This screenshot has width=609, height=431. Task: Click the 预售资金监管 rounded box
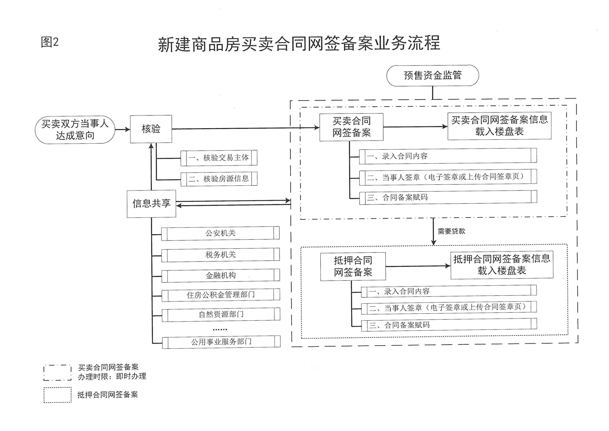pyautogui.click(x=433, y=75)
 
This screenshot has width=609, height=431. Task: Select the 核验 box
pyautogui.click(x=151, y=129)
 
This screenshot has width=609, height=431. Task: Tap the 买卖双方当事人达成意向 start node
pyautogui.click(x=75, y=130)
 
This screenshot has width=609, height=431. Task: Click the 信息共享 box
pyautogui.click(x=151, y=204)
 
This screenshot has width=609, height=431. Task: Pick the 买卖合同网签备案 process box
pyautogui.click(x=351, y=127)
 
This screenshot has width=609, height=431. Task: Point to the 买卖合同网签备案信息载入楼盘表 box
pyautogui.click(x=499, y=126)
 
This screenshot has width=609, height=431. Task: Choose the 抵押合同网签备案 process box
pyautogui.click(x=353, y=266)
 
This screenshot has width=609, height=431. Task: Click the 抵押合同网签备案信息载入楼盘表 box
pyautogui.click(x=502, y=265)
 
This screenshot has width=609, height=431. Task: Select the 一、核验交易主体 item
pyautogui.click(x=219, y=158)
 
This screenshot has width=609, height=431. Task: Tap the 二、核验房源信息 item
pyautogui.click(x=219, y=179)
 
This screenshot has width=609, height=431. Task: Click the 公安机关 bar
pyautogui.click(x=220, y=233)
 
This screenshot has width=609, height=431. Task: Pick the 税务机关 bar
pyautogui.click(x=220, y=255)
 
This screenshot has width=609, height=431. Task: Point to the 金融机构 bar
pyautogui.click(x=221, y=275)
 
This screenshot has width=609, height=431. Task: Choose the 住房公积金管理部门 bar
pyautogui.click(x=221, y=295)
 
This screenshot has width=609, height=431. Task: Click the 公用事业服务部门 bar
pyautogui.click(x=221, y=342)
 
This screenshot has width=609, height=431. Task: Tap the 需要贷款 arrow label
pyautogui.click(x=451, y=231)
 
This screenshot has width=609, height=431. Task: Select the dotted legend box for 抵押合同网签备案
pyautogui.click(x=57, y=395)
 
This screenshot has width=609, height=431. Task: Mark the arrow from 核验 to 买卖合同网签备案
pyautogui.click(x=246, y=128)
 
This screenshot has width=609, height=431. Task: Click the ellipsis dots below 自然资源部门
pyautogui.click(x=220, y=330)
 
